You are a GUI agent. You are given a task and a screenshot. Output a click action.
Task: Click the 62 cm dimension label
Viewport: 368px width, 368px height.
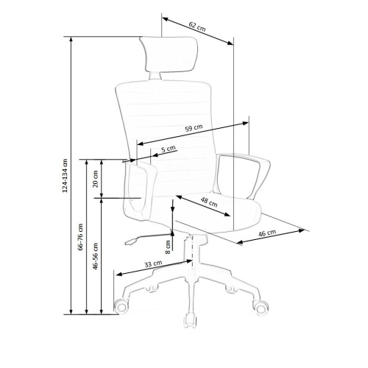coord(197,26)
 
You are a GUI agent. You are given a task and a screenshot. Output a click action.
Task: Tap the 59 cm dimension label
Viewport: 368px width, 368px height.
coord(194,128)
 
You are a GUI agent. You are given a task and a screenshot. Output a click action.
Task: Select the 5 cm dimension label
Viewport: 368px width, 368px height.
coord(169,149)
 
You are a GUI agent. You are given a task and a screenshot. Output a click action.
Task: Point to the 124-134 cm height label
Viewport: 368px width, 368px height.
coord(65,175)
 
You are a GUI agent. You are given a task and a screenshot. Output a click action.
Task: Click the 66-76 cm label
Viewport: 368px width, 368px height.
coord(80,237)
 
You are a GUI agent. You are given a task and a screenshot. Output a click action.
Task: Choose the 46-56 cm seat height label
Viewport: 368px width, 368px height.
coord(95,256)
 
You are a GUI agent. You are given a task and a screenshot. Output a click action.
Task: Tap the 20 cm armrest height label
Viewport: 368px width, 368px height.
coord(95,179)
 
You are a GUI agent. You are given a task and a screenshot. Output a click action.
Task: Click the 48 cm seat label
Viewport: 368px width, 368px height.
coord(209,202)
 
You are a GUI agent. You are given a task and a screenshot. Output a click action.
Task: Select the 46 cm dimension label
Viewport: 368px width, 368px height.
coord(267,233)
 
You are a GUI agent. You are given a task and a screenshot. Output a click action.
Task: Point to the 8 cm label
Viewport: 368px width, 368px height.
coord(168,247)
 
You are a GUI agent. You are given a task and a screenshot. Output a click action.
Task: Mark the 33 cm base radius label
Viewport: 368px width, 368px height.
coord(153,264)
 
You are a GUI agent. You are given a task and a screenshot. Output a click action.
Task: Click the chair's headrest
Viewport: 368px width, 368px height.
coord(169,54)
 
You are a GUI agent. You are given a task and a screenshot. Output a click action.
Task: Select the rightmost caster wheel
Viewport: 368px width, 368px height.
coord(261,308)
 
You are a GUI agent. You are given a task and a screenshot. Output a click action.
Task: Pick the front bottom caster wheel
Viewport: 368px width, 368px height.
coord(190,321)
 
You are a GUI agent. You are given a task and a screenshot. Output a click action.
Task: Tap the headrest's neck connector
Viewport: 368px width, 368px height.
coord(155,76)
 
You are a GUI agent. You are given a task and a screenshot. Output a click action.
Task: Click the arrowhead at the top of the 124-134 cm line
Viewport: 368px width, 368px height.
coord(71,40)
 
